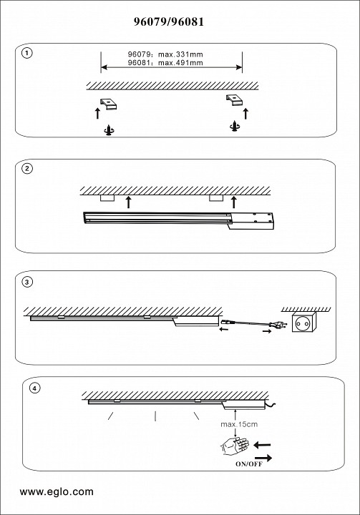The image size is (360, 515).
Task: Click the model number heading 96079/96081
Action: [x=169, y=21]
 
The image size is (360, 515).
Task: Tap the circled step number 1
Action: [x=27, y=53]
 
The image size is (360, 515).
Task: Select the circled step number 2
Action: [x=27, y=169]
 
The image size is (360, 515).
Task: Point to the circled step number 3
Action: [x=27, y=282]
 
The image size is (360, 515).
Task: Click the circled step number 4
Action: [x=34, y=388]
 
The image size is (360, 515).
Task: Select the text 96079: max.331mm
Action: [x=165, y=54]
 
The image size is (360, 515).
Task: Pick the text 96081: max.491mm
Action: [x=165, y=62]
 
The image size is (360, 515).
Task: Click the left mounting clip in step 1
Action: [x=110, y=104]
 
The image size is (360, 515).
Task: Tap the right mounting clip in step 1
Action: [x=234, y=100]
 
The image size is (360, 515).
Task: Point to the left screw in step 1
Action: [x=109, y=130]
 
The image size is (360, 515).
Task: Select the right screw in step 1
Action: [x=235, y=126]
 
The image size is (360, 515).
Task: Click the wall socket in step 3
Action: [x=304, y=322]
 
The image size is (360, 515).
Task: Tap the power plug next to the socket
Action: [x=278, y=325]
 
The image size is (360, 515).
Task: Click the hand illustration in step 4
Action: [x=234, y=446]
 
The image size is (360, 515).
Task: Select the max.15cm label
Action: [x=239, y=424]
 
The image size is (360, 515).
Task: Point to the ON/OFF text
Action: [x=249, y=464]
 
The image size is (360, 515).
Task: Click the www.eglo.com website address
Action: [x=57, y=491]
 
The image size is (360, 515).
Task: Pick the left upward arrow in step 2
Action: [x=129, y=202]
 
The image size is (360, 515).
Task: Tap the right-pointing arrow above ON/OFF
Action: [x=263, y=458]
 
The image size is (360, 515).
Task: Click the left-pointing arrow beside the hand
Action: [x=263, y=445]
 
